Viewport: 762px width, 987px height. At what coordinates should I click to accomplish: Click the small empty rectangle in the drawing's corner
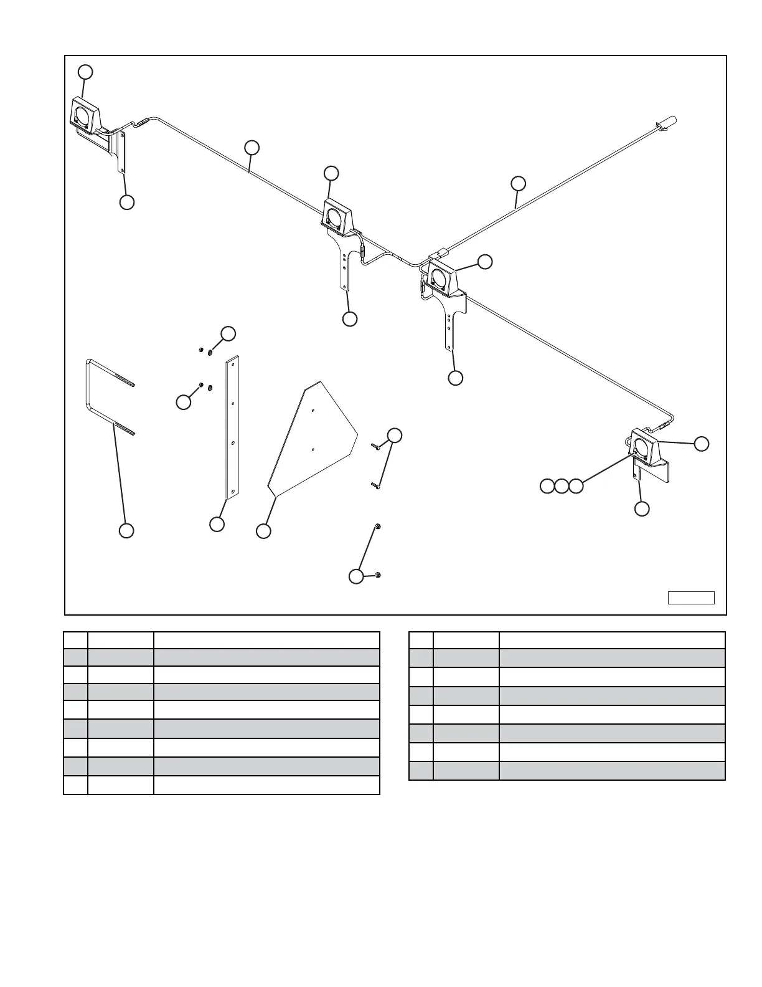point(691,598)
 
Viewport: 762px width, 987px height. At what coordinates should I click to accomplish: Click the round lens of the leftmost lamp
point(82,115)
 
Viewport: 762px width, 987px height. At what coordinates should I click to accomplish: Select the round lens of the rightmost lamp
point(641,446)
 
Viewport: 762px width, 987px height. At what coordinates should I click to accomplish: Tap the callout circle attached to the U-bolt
point(126,531)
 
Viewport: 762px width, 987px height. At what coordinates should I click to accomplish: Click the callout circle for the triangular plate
point(264,531)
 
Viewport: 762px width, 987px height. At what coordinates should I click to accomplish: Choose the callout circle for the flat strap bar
point(217,524)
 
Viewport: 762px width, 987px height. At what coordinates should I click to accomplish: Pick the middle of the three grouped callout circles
point(562,486)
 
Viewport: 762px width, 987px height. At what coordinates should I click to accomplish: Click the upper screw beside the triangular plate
point(375,446)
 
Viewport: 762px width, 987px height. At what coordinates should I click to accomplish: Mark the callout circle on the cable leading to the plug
point(518,183)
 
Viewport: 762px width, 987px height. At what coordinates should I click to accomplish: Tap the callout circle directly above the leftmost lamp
point(86,72)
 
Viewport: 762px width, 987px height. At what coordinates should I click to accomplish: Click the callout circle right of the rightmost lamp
point(702,444)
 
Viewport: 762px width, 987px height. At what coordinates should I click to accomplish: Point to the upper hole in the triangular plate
point(313,410)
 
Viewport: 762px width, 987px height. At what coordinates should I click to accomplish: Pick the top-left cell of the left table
point(75,640)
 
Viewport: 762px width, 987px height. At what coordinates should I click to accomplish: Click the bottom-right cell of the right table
point(612,771)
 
